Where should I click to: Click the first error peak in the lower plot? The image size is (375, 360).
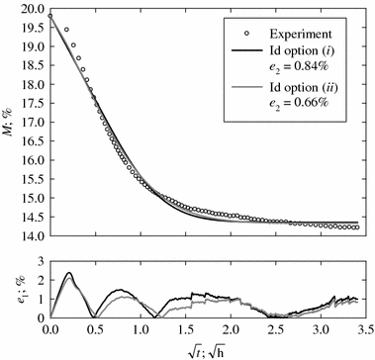(68, 273)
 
